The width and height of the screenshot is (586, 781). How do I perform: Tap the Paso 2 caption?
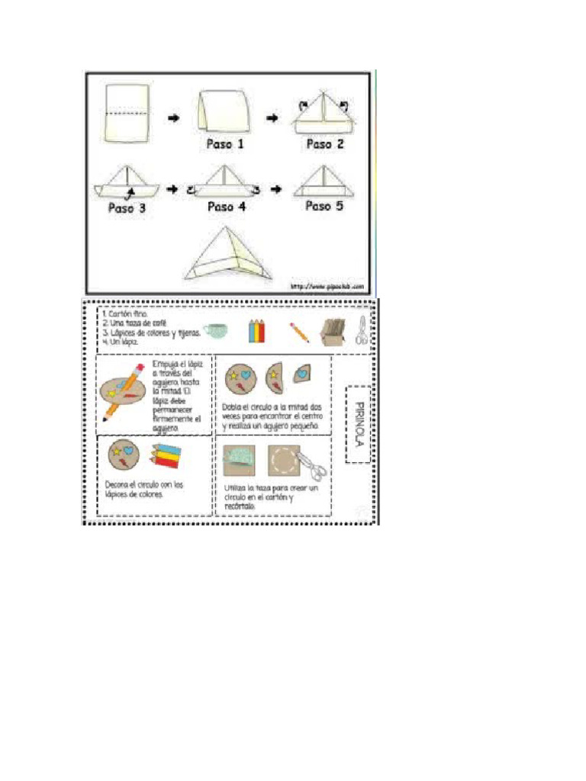pos(325,143)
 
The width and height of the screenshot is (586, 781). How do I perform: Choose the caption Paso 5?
pos(325,206)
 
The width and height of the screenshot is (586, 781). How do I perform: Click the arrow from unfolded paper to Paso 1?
pos(174,117)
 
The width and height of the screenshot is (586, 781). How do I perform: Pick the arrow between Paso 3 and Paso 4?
pos(172,188)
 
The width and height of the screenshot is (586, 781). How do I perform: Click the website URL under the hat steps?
pos(327,287)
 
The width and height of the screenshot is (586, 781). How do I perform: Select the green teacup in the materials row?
pos(216,331)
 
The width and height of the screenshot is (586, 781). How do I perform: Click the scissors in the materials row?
pos(362,332)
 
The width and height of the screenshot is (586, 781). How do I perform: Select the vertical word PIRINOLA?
pos(359,425)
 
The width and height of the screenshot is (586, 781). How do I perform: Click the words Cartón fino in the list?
pos(126,313)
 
